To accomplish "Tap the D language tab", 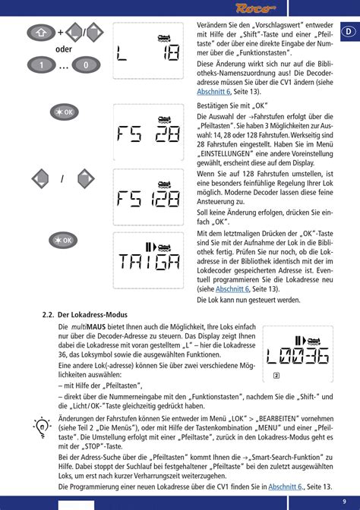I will tap(346, 32).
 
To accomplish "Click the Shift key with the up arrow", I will tap(39, 33).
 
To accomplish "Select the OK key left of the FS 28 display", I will tap(64, 112).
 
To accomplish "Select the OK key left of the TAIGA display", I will tap(64, 240).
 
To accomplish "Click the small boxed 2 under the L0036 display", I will tap(276, 376).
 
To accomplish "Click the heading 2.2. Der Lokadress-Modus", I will tap(84, 314).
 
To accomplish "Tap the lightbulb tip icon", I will tap(43, 426).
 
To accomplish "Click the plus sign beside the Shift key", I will tap(61, 33).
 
